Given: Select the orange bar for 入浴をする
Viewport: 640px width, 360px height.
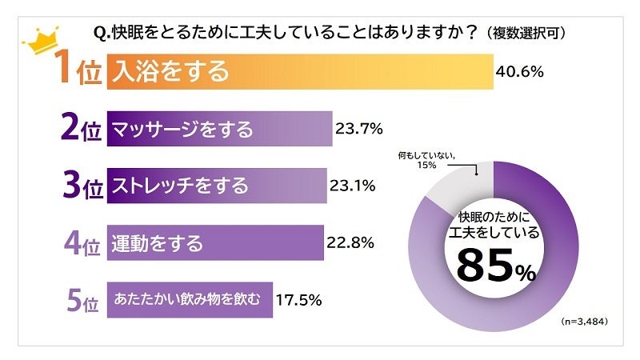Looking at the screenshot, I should tap(299, 72).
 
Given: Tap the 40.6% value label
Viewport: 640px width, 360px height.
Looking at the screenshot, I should tap(521, 72).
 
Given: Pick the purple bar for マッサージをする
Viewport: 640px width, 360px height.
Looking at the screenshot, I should tap(219, 128).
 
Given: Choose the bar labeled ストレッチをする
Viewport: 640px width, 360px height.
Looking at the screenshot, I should tap(217, 186).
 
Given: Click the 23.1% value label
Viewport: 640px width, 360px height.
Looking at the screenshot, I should tap(354, 186).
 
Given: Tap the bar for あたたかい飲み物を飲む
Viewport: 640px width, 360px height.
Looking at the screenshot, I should tap(190, 300).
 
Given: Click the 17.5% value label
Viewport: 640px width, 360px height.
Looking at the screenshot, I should tap(298, 300).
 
